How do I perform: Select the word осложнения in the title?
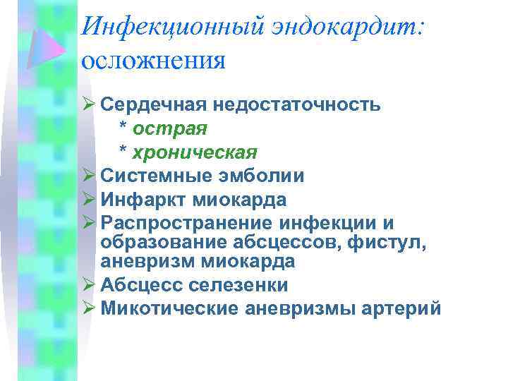[x=153, y=60]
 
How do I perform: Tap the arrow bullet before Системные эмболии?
[x=88, y=175]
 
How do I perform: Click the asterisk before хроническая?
[x=123, y=151]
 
